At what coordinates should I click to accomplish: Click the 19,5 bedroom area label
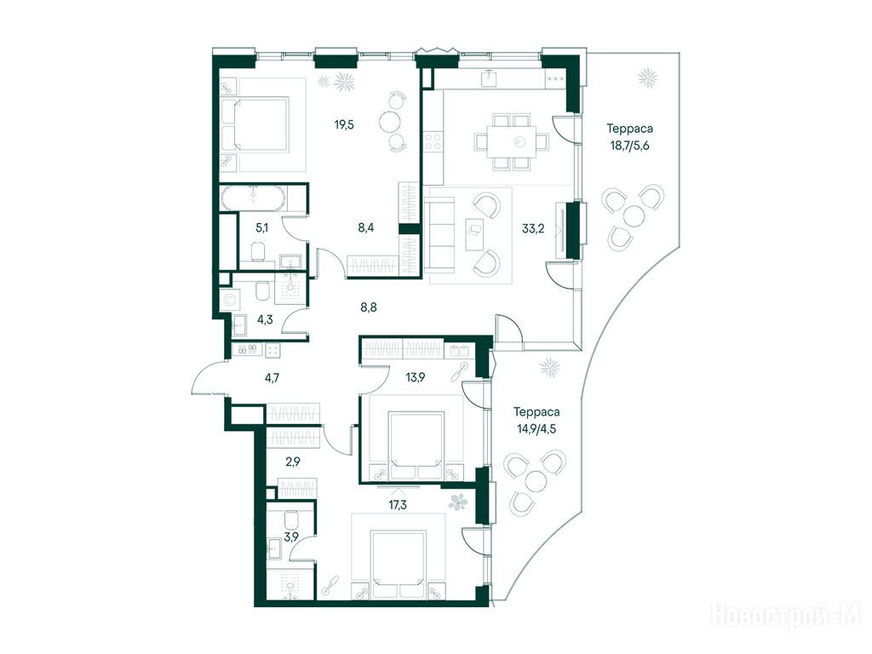(344, 124)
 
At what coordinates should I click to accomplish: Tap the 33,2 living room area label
(533, 228)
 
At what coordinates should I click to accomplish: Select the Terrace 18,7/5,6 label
(629, 137)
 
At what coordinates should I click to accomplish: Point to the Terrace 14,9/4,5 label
(536, 421)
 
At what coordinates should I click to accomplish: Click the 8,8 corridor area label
(369, 307)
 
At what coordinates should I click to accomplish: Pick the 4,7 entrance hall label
(272, 378)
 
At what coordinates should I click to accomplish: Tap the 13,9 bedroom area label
(415, 377)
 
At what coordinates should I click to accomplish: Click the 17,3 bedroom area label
(398, 505)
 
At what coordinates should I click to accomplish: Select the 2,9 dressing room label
(293, 461)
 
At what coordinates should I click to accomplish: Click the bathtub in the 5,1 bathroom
(254, 198)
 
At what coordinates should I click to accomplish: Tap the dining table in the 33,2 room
(513, 142)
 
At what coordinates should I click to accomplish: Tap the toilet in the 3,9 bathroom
(292, 520)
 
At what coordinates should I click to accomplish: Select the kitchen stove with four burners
(433, 141)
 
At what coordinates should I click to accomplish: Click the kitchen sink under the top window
(490, 78)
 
